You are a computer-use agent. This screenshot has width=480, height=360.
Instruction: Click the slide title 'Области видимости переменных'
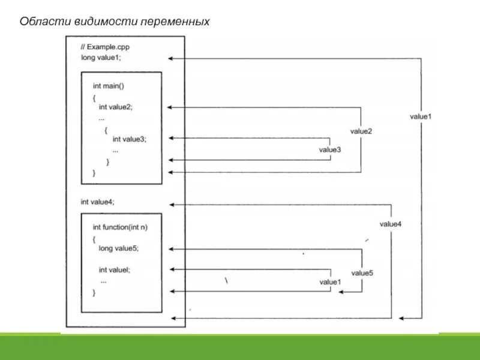coord(115,22)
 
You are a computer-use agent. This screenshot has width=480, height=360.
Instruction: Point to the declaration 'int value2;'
coord(116,107)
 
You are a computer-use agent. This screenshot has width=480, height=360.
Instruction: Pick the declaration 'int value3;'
coord(130,139)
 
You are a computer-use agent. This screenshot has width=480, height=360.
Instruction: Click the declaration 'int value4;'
coord(97,202)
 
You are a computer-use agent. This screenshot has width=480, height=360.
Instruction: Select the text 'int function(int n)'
coord(120,227)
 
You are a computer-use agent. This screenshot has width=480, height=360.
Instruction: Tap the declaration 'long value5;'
coord(119,248)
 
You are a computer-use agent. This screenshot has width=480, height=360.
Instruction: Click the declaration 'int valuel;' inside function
coord(115,269)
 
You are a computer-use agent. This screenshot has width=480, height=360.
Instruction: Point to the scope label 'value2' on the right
coord(361,131)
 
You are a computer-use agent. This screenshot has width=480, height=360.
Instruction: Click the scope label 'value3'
coord(330,149)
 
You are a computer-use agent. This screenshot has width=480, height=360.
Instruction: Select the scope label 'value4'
coord(391,224)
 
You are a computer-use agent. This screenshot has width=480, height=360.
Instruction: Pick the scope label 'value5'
coord(362,273)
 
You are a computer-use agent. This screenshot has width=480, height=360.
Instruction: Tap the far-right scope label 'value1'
coord(421,116)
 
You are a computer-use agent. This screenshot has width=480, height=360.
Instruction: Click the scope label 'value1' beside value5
coord(330,281)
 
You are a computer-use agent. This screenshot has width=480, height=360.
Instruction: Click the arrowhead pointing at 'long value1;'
coord(171,58)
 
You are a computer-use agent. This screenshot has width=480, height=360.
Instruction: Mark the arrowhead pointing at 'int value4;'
coord(171,205)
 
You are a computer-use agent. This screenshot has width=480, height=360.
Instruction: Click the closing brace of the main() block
coord(94,172)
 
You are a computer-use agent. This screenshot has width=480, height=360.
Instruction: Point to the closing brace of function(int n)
coord(94,292)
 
